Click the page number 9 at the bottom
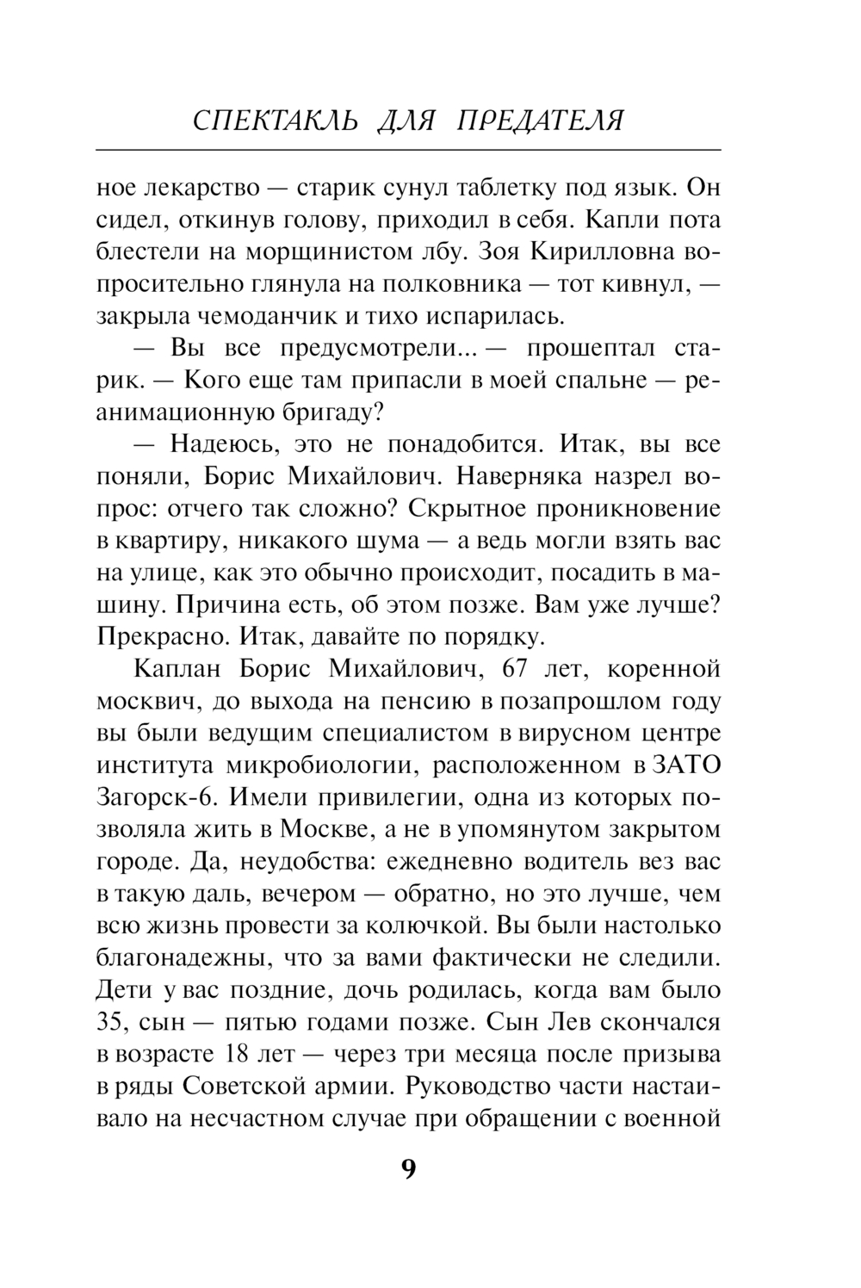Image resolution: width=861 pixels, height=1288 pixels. [x=408, y=1170]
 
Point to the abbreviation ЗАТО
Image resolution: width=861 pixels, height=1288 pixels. [x=686, y=765]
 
